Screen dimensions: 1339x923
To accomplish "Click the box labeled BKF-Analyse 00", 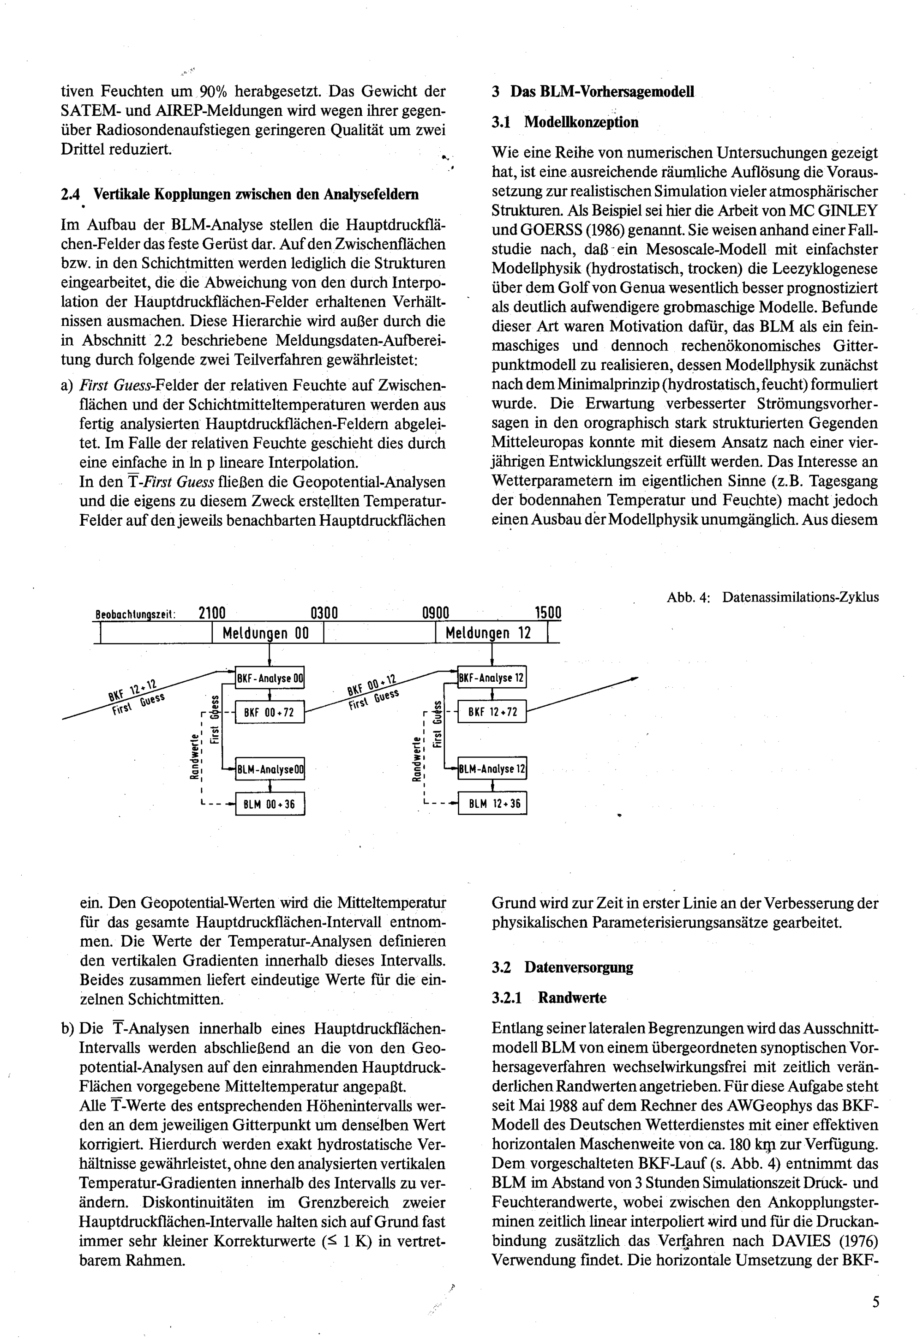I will click(x=270, y=678).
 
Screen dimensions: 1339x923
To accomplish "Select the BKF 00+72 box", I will click(x=270, y=712).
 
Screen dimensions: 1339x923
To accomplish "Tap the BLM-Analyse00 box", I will click(x=270, y=769).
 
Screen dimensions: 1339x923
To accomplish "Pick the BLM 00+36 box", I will click(x=270, y=804).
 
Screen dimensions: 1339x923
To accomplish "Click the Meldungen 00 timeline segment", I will click(x=267, y=633).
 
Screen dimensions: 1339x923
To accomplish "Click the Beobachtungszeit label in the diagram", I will click(x=135, y=615).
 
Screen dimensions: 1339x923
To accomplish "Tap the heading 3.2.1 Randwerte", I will click(x=549, y=997).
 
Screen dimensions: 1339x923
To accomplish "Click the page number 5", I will click(x=875, y=1302).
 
